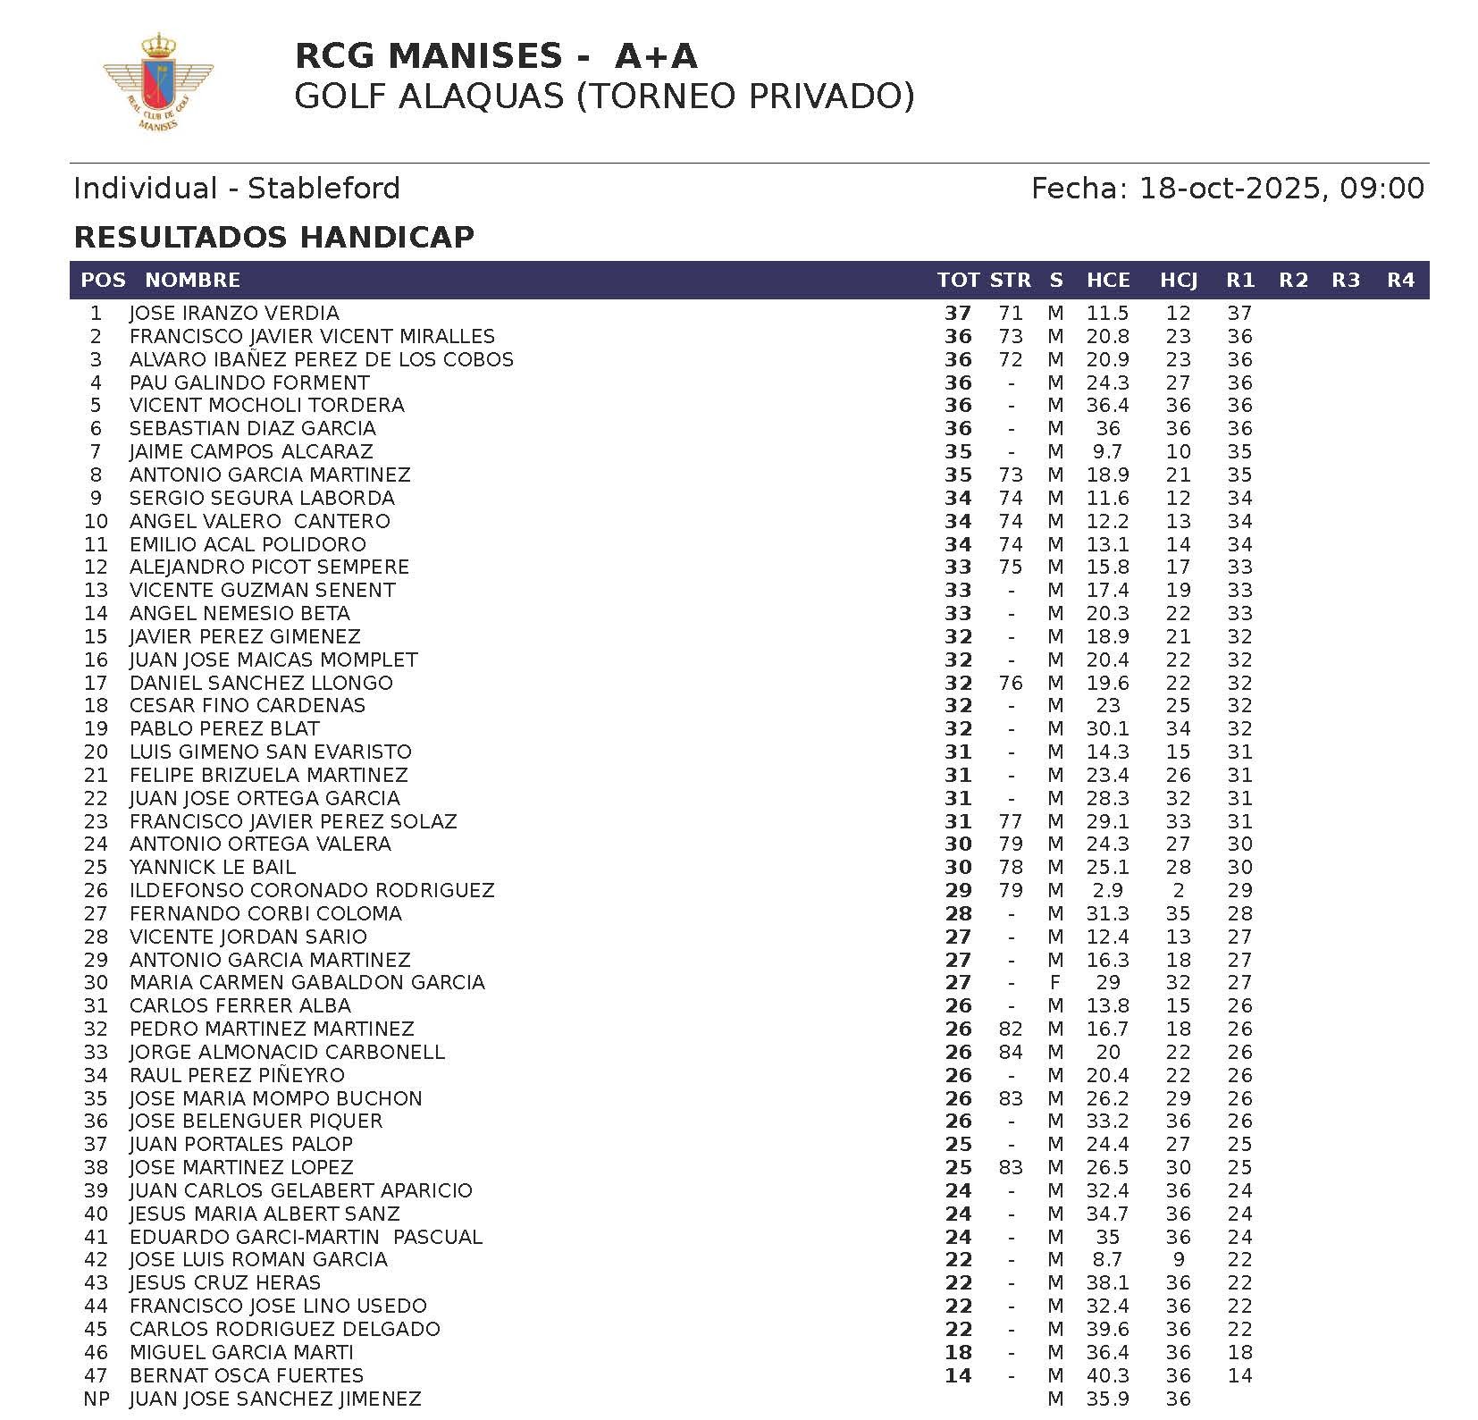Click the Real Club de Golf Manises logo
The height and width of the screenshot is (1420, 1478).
click(157, 82)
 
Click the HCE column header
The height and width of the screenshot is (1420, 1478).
click(1108, 281)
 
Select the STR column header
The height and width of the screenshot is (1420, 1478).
click(1010, 281)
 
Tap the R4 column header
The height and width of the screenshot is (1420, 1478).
click(1400, 281)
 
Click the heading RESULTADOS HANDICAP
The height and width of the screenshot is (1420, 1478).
click(273, 237)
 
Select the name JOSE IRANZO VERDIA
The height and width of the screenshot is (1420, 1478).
click(234, 314)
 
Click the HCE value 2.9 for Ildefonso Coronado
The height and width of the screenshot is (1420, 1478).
click(1108, 891)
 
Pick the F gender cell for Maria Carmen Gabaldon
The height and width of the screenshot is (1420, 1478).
click(1055, 983)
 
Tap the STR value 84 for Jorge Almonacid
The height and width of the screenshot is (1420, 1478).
click(1010, 1053)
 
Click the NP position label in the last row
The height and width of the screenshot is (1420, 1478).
click(96, 1399)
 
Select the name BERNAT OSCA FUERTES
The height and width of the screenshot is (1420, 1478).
click(247, 1375)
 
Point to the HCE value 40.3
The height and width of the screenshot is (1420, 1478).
click(1108, 1375)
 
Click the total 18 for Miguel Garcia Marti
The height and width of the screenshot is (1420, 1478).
click(958, 1353)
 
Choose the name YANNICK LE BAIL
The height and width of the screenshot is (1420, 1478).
click(213, 868)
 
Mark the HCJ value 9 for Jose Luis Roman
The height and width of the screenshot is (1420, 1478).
click(1178, 1260)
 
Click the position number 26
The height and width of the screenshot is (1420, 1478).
click(96, 891)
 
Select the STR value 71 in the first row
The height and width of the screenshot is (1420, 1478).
click(1010, 314)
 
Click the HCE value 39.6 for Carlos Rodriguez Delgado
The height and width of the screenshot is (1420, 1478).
click(1108, 1330)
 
